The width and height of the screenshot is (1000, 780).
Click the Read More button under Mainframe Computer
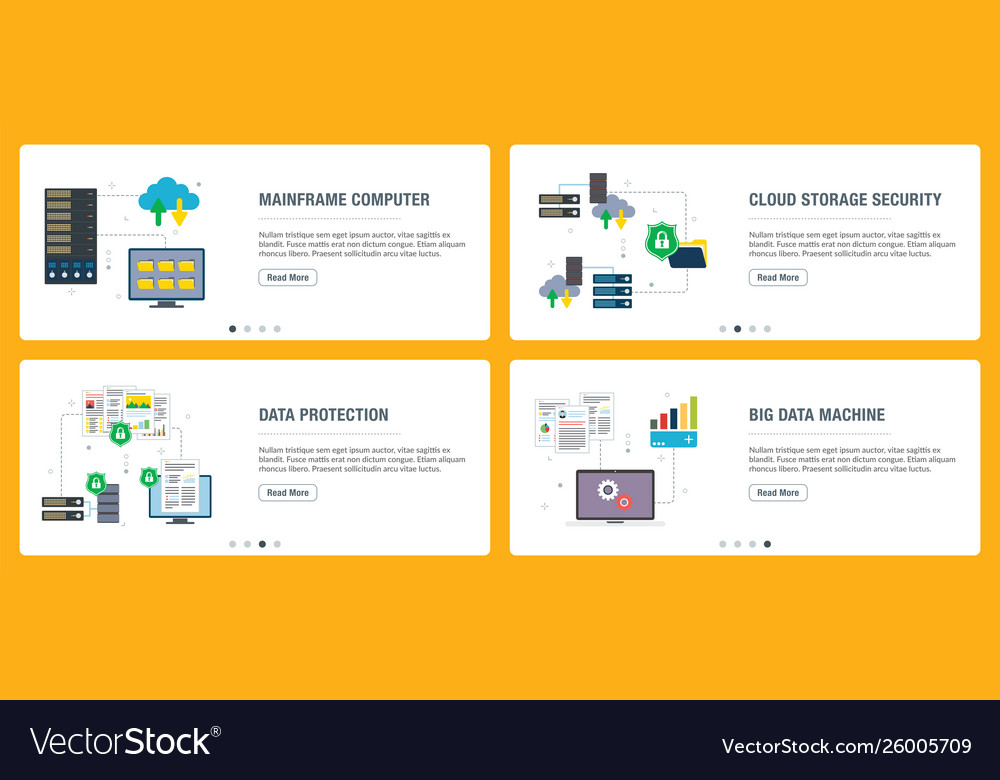tap(288, 277)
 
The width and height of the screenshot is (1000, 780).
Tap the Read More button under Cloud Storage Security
tap(778, 277)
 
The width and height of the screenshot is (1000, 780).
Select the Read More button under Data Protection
tap(288, 492)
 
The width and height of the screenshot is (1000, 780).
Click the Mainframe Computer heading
tap(344, 199)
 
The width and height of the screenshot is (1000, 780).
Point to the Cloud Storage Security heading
tap(845, 199)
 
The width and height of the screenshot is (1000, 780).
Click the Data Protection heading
tap(323, 414)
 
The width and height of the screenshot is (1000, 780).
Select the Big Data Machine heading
tap(817, 414)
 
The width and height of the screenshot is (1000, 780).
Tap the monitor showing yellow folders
tap(166, 275)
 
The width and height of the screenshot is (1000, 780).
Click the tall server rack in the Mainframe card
tap(71, 235)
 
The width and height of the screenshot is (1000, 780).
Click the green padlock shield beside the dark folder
tap(661, 240)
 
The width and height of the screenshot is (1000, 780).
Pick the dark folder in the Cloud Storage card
tap(689, 254)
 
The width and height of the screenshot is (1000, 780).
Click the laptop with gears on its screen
tap(615, 496)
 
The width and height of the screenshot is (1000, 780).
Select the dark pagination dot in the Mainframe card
tap(233, 328)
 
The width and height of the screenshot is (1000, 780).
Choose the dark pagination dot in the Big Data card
tap(767, 544)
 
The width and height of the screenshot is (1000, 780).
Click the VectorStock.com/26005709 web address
tap(846, 746)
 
